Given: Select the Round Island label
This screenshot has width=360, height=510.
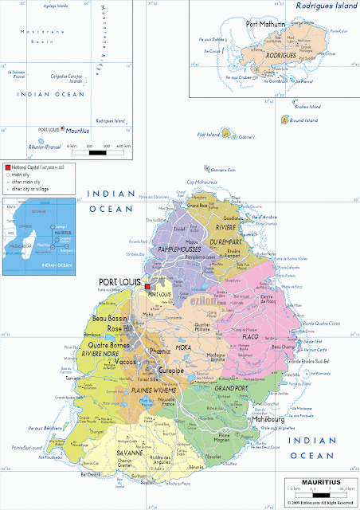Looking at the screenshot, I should coord(303,120).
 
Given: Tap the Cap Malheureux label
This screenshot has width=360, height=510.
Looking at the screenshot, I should coord(202,182).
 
